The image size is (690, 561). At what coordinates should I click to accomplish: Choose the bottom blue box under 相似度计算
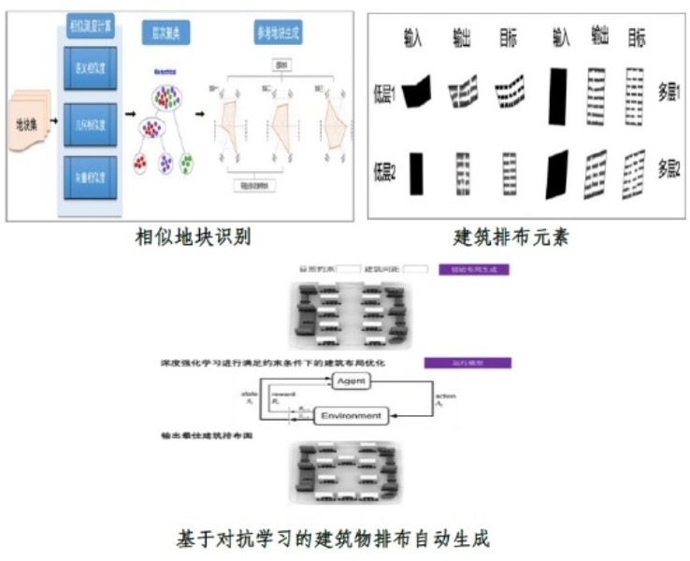coord(90,174)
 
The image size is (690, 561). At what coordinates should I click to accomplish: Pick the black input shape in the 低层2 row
coord(417,174)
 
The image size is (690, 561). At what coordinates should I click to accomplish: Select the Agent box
coord(351,381)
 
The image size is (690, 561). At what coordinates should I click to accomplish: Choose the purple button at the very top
coord(472,269)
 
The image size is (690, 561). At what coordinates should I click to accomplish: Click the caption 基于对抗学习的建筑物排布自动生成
coord(333,539)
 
